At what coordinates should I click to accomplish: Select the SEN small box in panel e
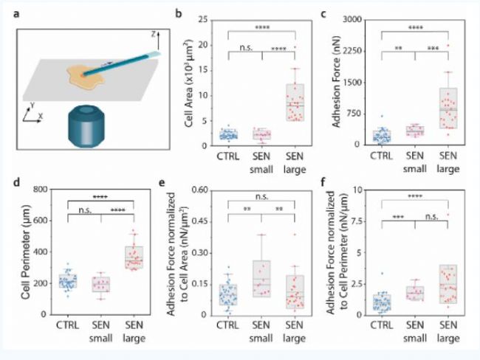point(261,277)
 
